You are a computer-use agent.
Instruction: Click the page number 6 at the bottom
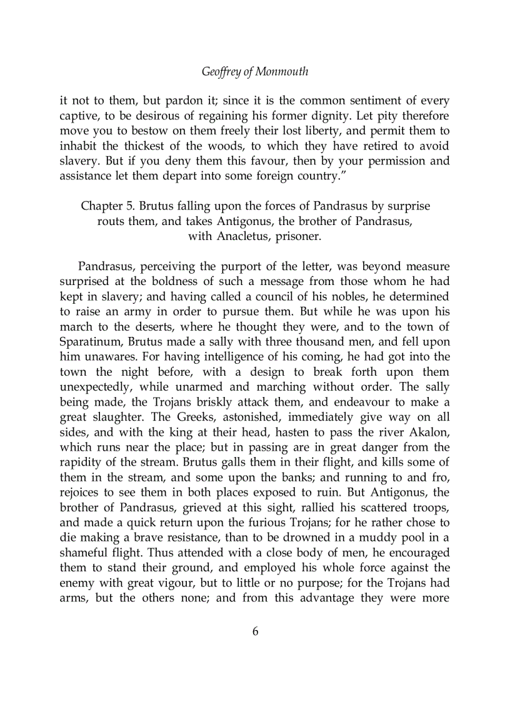[255, 631]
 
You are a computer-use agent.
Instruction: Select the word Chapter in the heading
[102, 206]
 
